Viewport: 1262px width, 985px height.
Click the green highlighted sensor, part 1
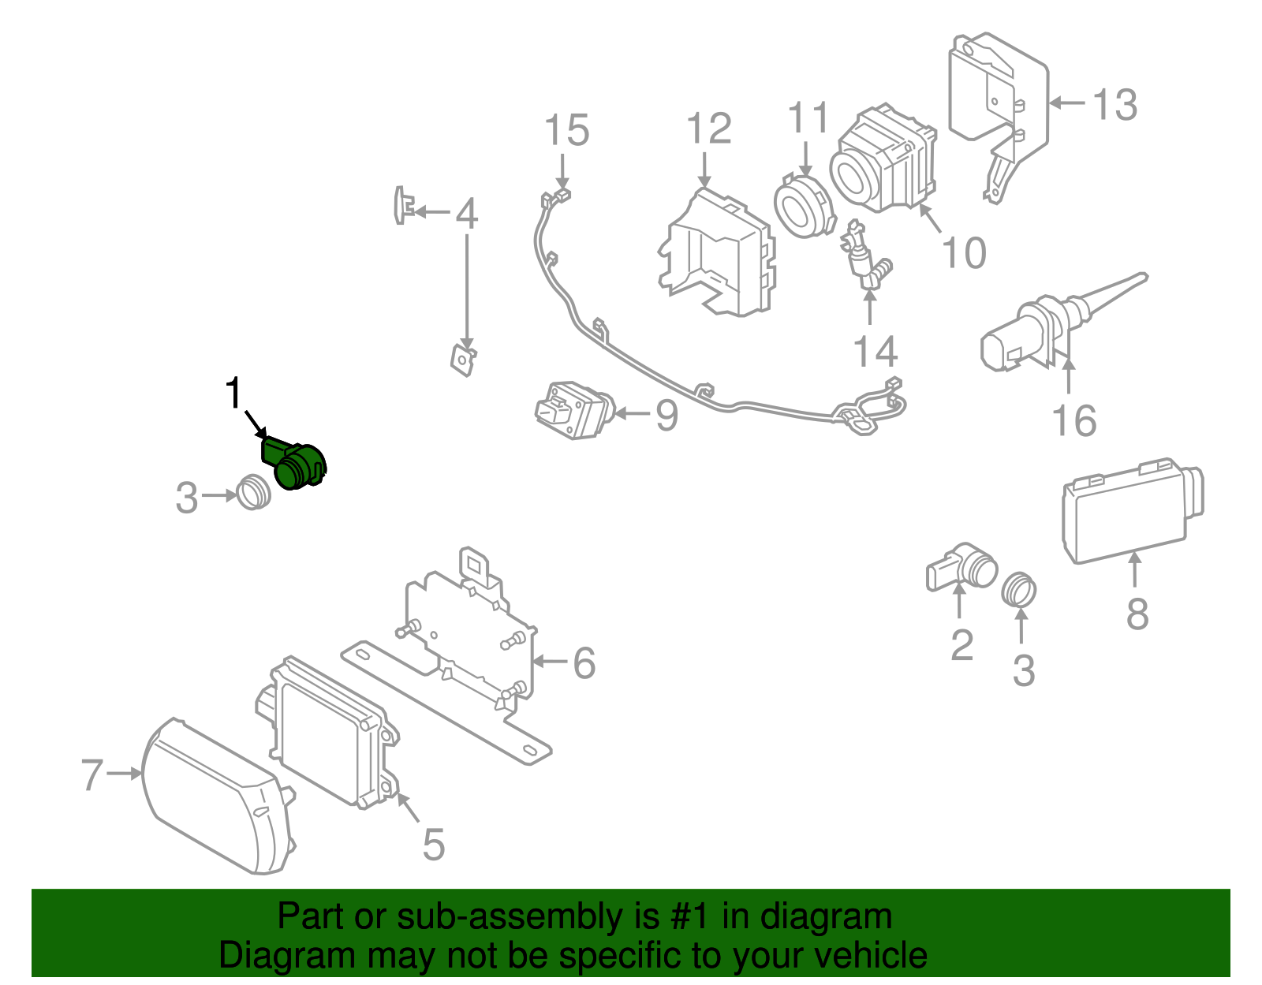click(296, 465)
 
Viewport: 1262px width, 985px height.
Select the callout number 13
click(1115, 104)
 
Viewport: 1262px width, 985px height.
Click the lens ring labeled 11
click(804, 207)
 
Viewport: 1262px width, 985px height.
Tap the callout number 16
click(1074, 420)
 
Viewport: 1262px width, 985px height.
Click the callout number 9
click(666, 416)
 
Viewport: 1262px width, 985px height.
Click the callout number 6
click(584, 663)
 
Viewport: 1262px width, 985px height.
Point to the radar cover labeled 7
click(213, 797)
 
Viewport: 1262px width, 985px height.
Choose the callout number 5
click(434, 844)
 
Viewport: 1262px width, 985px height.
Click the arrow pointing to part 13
click(1067, 103)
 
